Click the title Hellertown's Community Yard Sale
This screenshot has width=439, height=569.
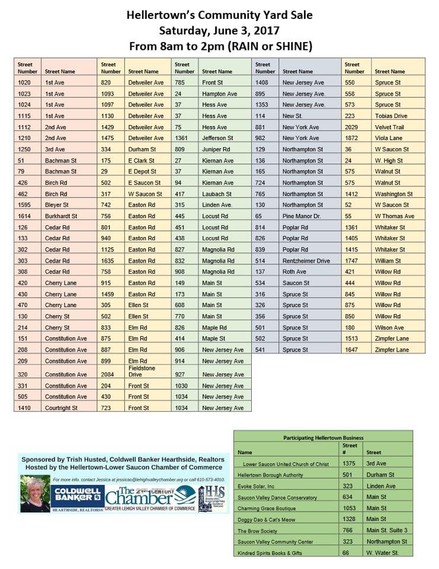(x=219, y=15)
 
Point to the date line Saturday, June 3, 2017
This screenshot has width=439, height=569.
(x=219, y=30)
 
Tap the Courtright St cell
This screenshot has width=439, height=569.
(x=61, y=408)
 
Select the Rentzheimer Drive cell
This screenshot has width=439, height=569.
(x=306, y=260)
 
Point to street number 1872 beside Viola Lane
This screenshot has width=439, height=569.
(x=352, y=138)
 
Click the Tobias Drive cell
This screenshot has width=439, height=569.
(x=392, y=116)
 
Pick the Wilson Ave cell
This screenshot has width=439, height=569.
(x=389, y=327)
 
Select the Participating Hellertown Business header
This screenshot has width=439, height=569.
(x=323, y=437)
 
